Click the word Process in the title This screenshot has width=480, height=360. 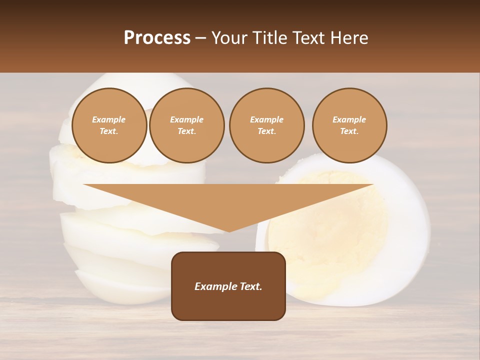[x=157, y=38]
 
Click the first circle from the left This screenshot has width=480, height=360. [x=109, y=125]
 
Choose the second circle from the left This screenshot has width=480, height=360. [x=186, y=125]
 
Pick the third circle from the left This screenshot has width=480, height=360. [x=266, y=125]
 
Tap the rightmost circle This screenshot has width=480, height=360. [x=349, y=125]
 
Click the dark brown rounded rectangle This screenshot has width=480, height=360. [x=228, y=305]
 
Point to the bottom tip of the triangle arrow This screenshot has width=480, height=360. [x=228, y=231]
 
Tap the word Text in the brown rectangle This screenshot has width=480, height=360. [x=251, y=286]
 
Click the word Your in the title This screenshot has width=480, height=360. [x=227, y=38]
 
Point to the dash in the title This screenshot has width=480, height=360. [x=201, y=38]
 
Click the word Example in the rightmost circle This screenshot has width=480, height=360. [x=349, y=119]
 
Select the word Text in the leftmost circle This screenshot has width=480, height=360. [x=108, y=131]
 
